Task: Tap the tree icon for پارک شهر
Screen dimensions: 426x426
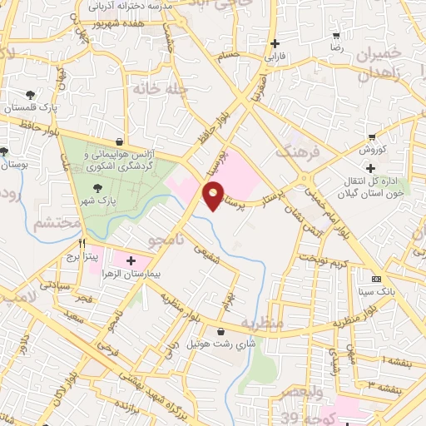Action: (x=99, y=189)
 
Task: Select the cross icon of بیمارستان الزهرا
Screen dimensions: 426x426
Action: (x=130, y=260)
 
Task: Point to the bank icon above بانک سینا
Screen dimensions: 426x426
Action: (x=376, y=278)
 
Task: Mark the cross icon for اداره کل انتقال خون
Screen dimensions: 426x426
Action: (x=370, y=169)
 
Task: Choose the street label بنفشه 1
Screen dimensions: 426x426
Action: (x=402, y=361)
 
